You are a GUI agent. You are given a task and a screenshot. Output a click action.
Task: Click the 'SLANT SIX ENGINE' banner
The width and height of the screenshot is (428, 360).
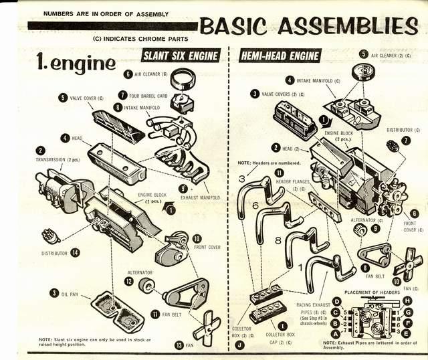tap(181, 56)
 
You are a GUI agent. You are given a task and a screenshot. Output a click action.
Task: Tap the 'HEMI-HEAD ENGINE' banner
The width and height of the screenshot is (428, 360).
tap(280, 56)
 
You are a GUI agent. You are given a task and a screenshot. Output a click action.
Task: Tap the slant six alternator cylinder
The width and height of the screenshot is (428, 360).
tap(145, 284)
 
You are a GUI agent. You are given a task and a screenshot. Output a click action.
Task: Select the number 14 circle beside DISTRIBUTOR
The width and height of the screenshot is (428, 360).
tap(76, 253)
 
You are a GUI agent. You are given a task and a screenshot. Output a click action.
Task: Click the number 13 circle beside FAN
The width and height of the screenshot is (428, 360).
tap(179, 345)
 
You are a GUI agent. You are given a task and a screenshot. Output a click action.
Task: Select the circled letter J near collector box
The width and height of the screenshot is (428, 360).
tap(239, 345)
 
